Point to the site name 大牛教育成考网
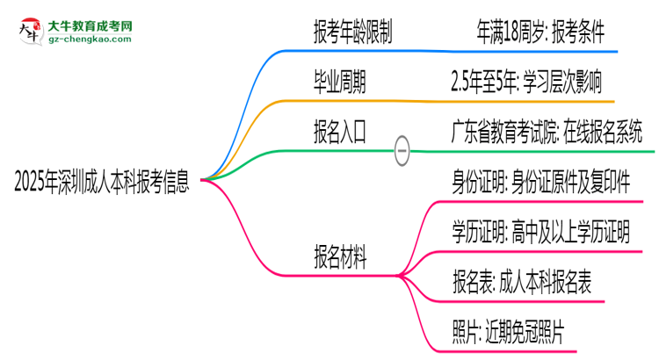point(91,25)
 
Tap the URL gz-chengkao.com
point(91,40)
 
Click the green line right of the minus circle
point(527,150)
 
